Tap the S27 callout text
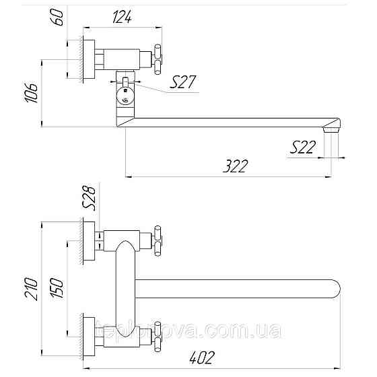click(183, 82)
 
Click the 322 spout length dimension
click(234, 165)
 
